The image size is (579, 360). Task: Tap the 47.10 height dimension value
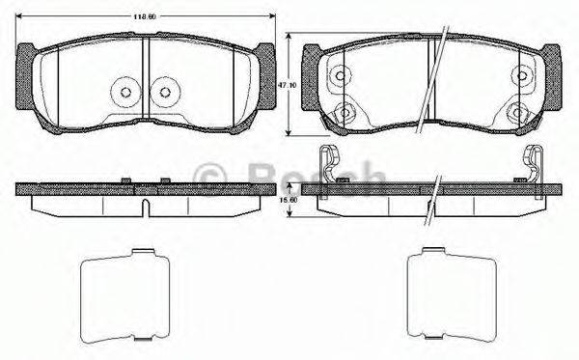[285, 85]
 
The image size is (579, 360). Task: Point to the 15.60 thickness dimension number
[285, 200]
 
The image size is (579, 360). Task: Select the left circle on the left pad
[124, 93]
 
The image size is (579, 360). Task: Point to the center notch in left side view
[145, 206]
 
